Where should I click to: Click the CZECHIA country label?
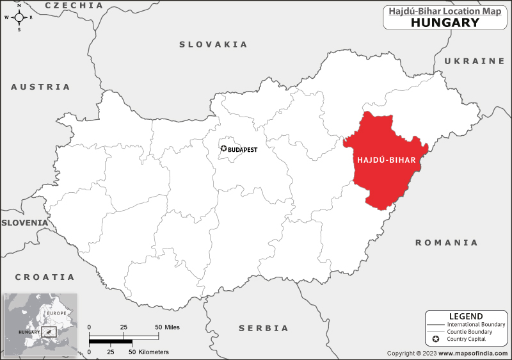tap(74, 5)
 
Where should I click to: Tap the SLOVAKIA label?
tap(213, 44)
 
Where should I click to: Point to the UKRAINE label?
tap(474, 61)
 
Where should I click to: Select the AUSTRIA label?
tap(41, 86)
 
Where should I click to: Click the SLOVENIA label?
tap(24, 222)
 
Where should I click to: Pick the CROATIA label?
tap(45, 277)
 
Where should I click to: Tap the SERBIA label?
tap(264, 328)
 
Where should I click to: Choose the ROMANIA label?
tap(447, 243)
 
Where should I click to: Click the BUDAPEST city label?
tap(243, 149)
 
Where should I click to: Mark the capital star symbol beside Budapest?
tap(223, 149)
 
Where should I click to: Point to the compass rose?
tap(19, 17)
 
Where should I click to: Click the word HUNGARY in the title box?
tap(445, 22)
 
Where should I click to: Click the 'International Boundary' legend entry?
tap(476, 325)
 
